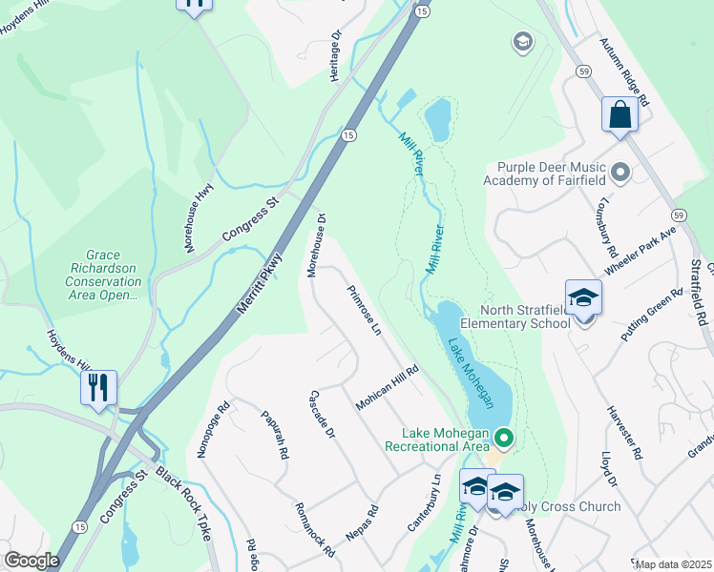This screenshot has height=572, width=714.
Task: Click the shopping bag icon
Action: [619, 115]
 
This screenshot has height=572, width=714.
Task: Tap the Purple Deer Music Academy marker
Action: [620, 173]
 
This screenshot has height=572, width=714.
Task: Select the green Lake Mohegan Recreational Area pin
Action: [504, 439]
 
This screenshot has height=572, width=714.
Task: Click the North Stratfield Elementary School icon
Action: [583, 298]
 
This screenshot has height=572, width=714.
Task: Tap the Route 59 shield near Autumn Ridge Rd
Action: [584, 71]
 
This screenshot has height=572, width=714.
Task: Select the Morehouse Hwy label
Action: [198, 218]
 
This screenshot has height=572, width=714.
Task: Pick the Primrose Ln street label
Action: [364, 311]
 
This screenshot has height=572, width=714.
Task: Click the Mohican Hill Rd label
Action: [388, 389]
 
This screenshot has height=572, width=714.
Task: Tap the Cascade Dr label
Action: [323, 415]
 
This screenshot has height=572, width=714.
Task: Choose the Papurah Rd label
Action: [274, 435]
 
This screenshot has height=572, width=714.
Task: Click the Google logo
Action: [31, 561]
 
